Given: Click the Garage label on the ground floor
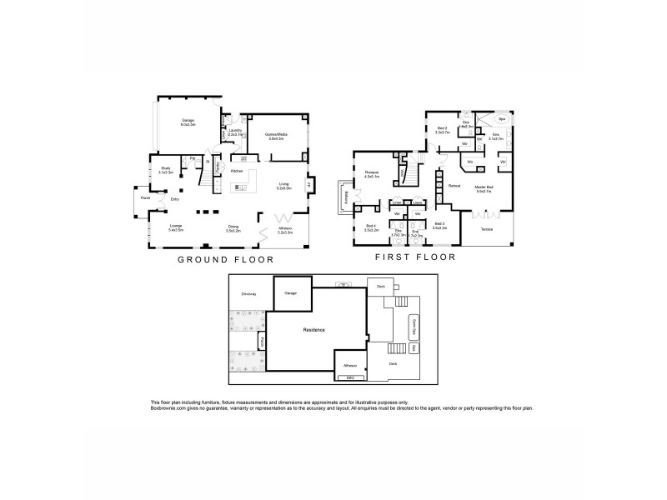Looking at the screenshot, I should [188, 121].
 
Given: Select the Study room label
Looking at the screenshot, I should [166, 168].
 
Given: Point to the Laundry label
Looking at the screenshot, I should [234, 131].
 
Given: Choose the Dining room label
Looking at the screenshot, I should [233, 227].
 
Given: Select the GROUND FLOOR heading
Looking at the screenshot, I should [226, 260].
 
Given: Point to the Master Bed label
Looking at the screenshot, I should [484, 187].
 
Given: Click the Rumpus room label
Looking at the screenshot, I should [372, 172].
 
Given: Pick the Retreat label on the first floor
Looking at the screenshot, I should [454, 186].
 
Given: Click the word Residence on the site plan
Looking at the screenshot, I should [313, 330].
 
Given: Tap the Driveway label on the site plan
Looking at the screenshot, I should [248, 294].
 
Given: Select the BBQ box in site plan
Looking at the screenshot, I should [350, 377].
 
